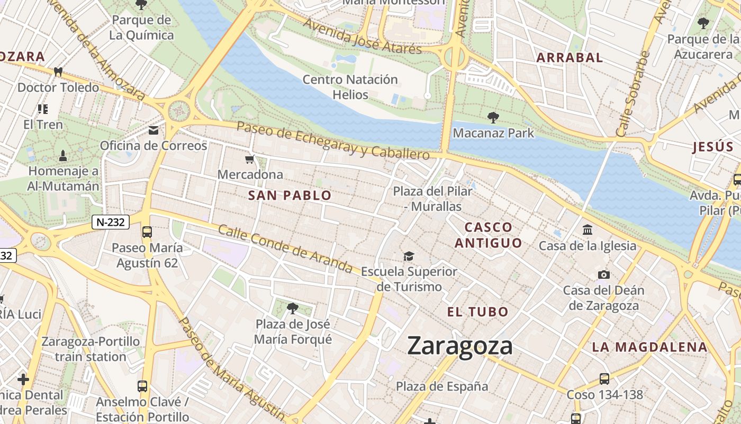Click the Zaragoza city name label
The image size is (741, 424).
460,346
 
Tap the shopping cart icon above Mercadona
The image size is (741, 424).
250,159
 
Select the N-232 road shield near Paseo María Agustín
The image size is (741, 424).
111,222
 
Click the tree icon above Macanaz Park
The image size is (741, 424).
493,117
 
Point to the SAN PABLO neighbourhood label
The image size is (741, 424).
290,196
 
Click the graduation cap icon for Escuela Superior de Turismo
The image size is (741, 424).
409,257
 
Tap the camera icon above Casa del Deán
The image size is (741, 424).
603,275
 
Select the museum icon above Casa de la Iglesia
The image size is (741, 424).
588,230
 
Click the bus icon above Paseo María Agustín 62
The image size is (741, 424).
147,232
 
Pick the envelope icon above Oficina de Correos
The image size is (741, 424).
153,130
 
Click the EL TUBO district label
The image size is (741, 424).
477,312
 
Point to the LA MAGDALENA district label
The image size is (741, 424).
649,347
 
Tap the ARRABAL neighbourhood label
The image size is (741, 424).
570,58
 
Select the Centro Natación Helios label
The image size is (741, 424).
350,87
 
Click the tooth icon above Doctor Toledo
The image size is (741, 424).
58,72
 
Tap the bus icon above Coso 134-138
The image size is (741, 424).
604,378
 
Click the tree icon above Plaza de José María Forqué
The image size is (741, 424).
292,308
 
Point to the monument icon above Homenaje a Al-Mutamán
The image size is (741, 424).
63,155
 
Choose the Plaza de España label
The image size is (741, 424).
442,386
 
